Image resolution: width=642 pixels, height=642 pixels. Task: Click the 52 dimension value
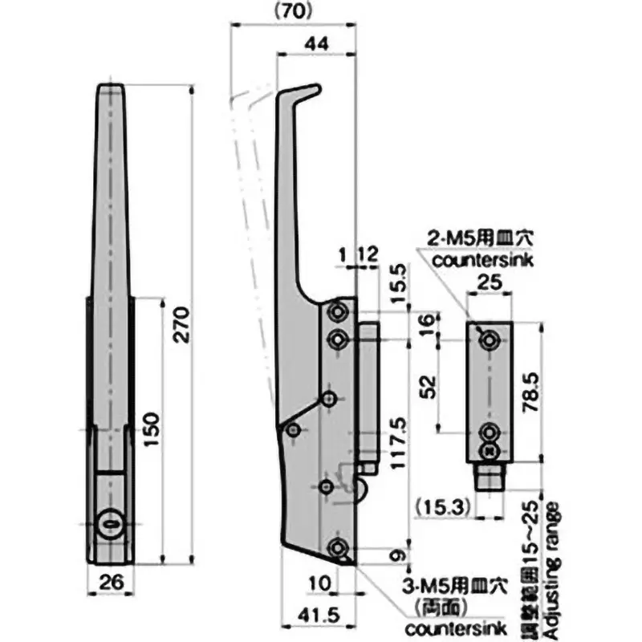click(x=429, y=386)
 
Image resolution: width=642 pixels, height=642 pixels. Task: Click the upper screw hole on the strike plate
click(x=487, y=341)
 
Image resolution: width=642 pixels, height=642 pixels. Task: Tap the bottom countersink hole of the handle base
click(x=338, y=548)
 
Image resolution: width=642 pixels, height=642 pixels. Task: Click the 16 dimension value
click(x=429, y=325)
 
